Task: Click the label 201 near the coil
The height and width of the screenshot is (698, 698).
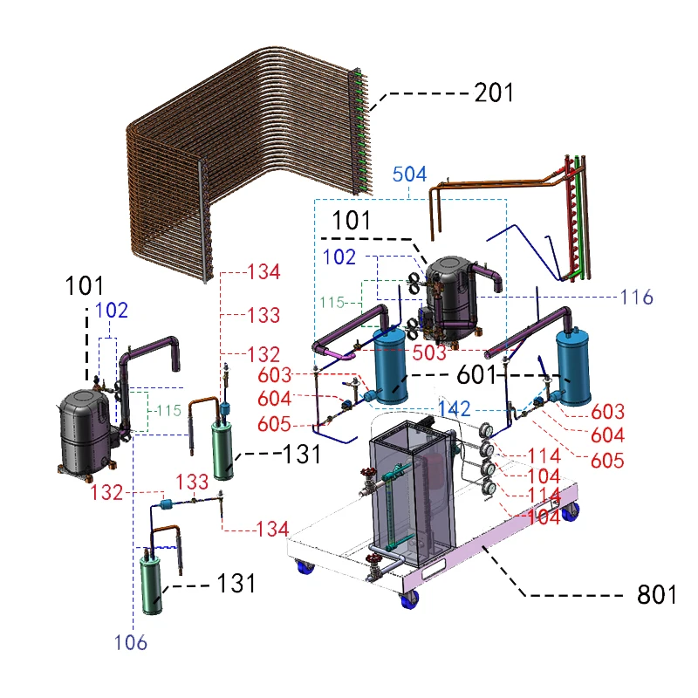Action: click(x=494, y=92)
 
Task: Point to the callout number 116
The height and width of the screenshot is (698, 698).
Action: click(x=637, y=298)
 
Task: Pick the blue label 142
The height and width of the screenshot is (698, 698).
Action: click(x=455, y=410)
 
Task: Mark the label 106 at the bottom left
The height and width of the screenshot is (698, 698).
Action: click(x=130, y=644)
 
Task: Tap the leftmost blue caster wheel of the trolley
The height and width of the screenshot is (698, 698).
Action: click(x=306, y=569)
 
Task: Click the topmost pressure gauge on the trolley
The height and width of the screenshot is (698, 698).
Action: click(x=485, y=431)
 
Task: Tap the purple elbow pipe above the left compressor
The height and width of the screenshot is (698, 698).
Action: click(x=153, y=349)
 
